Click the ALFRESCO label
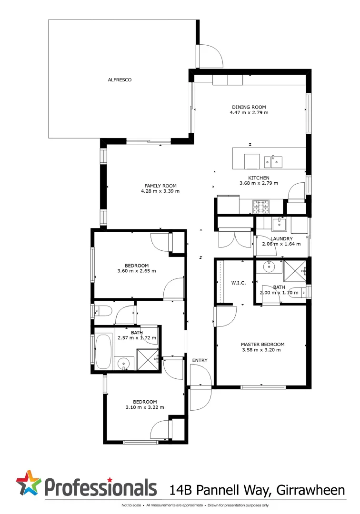click(x=120, y=80)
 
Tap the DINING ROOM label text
click(x=249, y=107)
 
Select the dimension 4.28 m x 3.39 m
click(x=160, y=191)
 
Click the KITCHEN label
click(x=259, y=178)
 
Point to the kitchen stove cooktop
click(x=260, y=206)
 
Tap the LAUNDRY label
click(x=280, y=238)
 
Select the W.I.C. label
click(x=238, y=283)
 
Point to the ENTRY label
click(x=200, y=360)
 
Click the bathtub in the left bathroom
click(x=103, y=351)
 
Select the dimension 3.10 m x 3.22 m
click(x=144, y=407)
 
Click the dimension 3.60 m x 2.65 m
click(x=137, y=271)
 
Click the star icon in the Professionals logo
click(x=29, y=483)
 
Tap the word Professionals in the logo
click(x=101, y=488)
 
